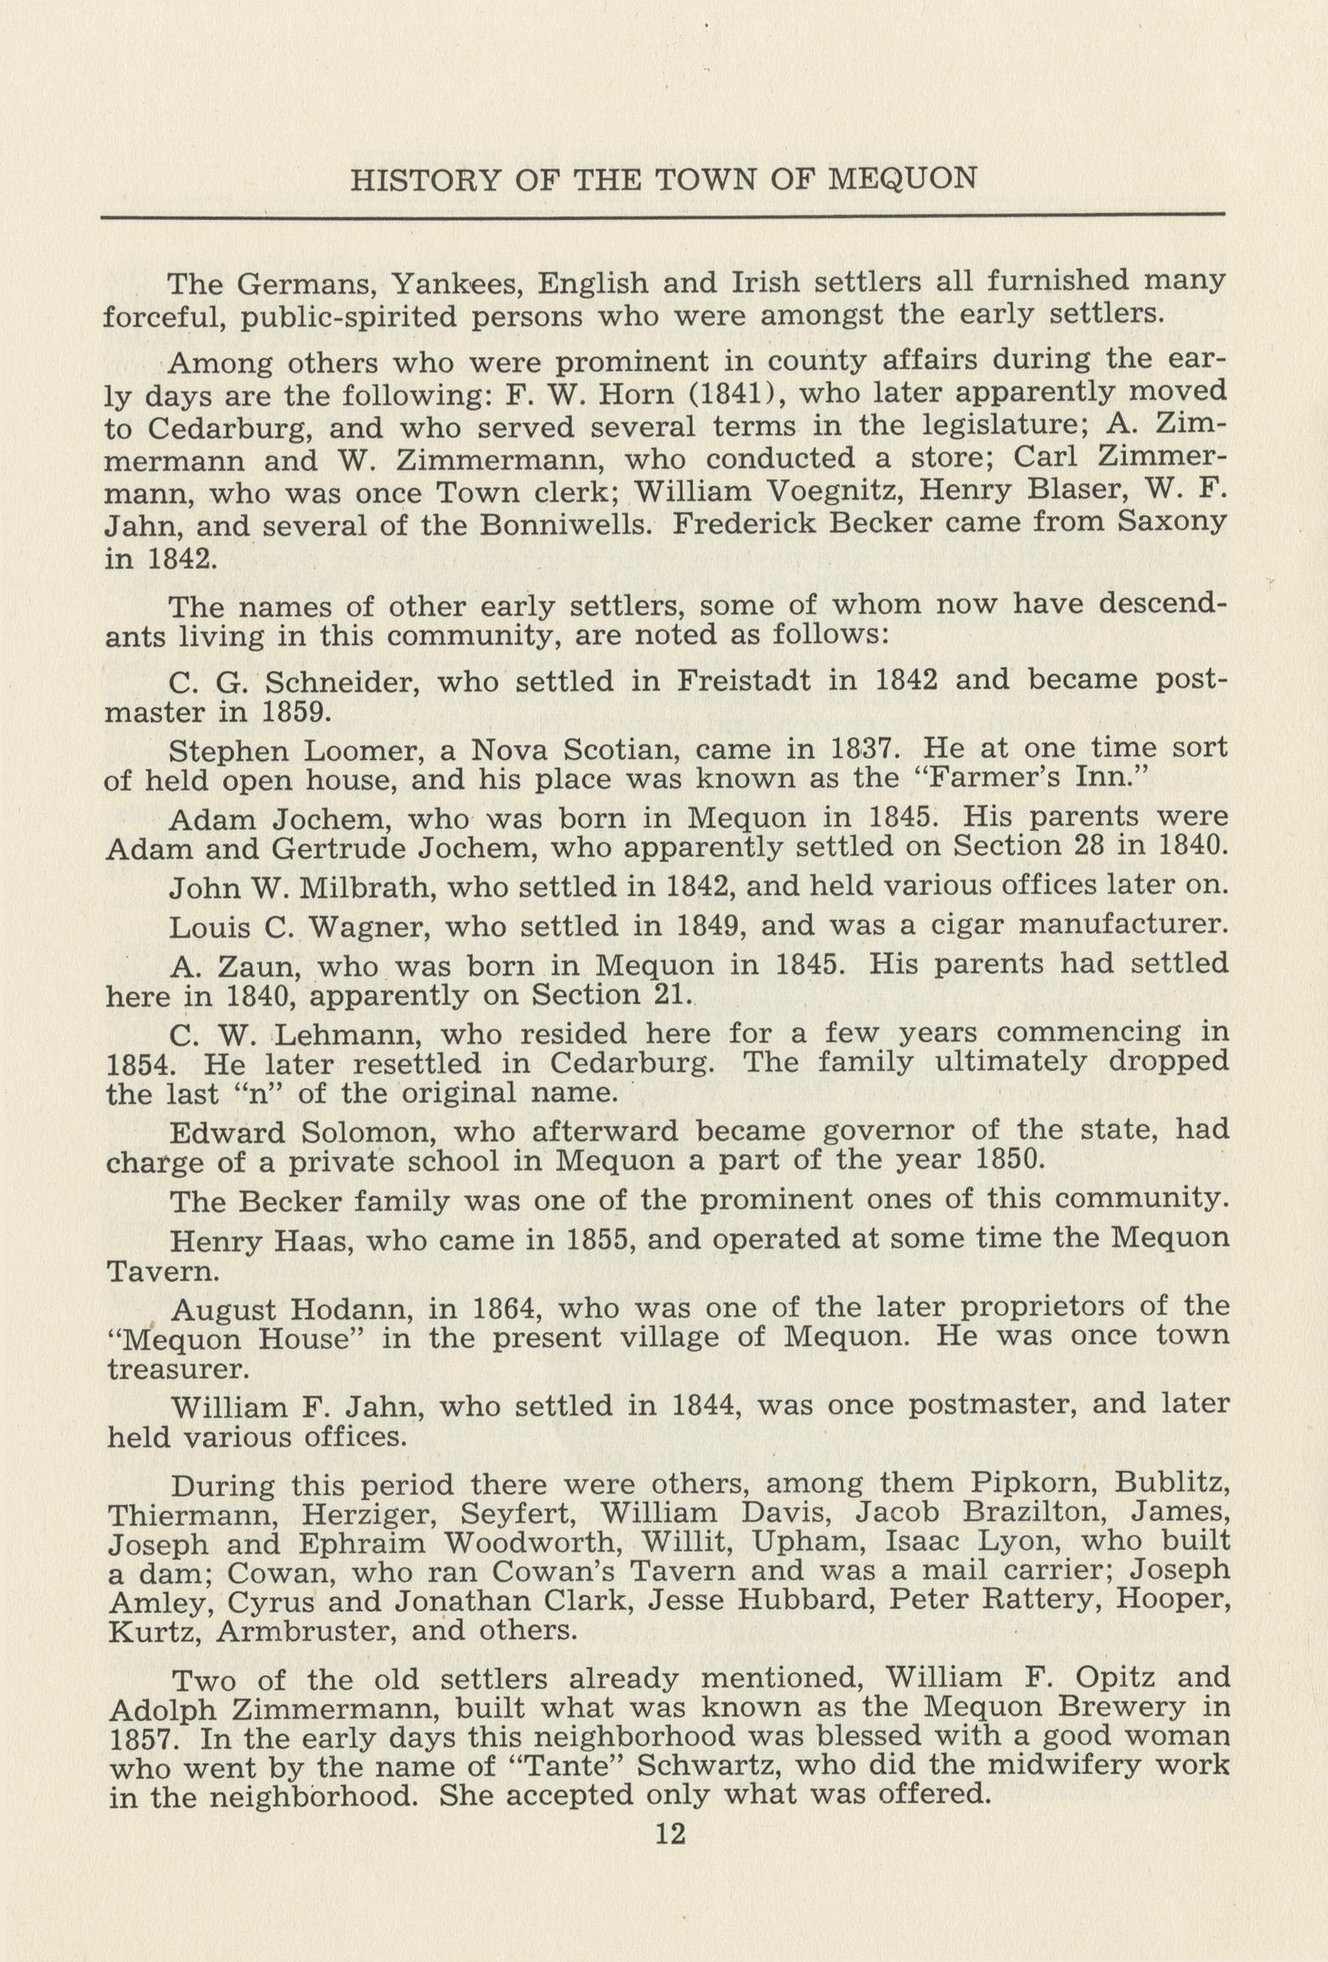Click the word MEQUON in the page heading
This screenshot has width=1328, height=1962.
point(902,179)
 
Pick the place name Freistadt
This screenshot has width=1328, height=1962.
point(744,681)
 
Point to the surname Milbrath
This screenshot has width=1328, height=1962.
point(365,888)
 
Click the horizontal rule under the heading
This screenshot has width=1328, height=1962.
point(662,216)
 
